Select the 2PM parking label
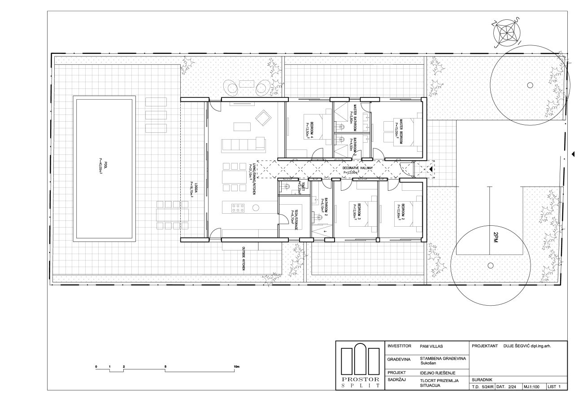point(496,237)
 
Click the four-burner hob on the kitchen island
point(237,207)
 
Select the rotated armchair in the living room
point(263,119)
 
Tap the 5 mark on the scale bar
point(166,366)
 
